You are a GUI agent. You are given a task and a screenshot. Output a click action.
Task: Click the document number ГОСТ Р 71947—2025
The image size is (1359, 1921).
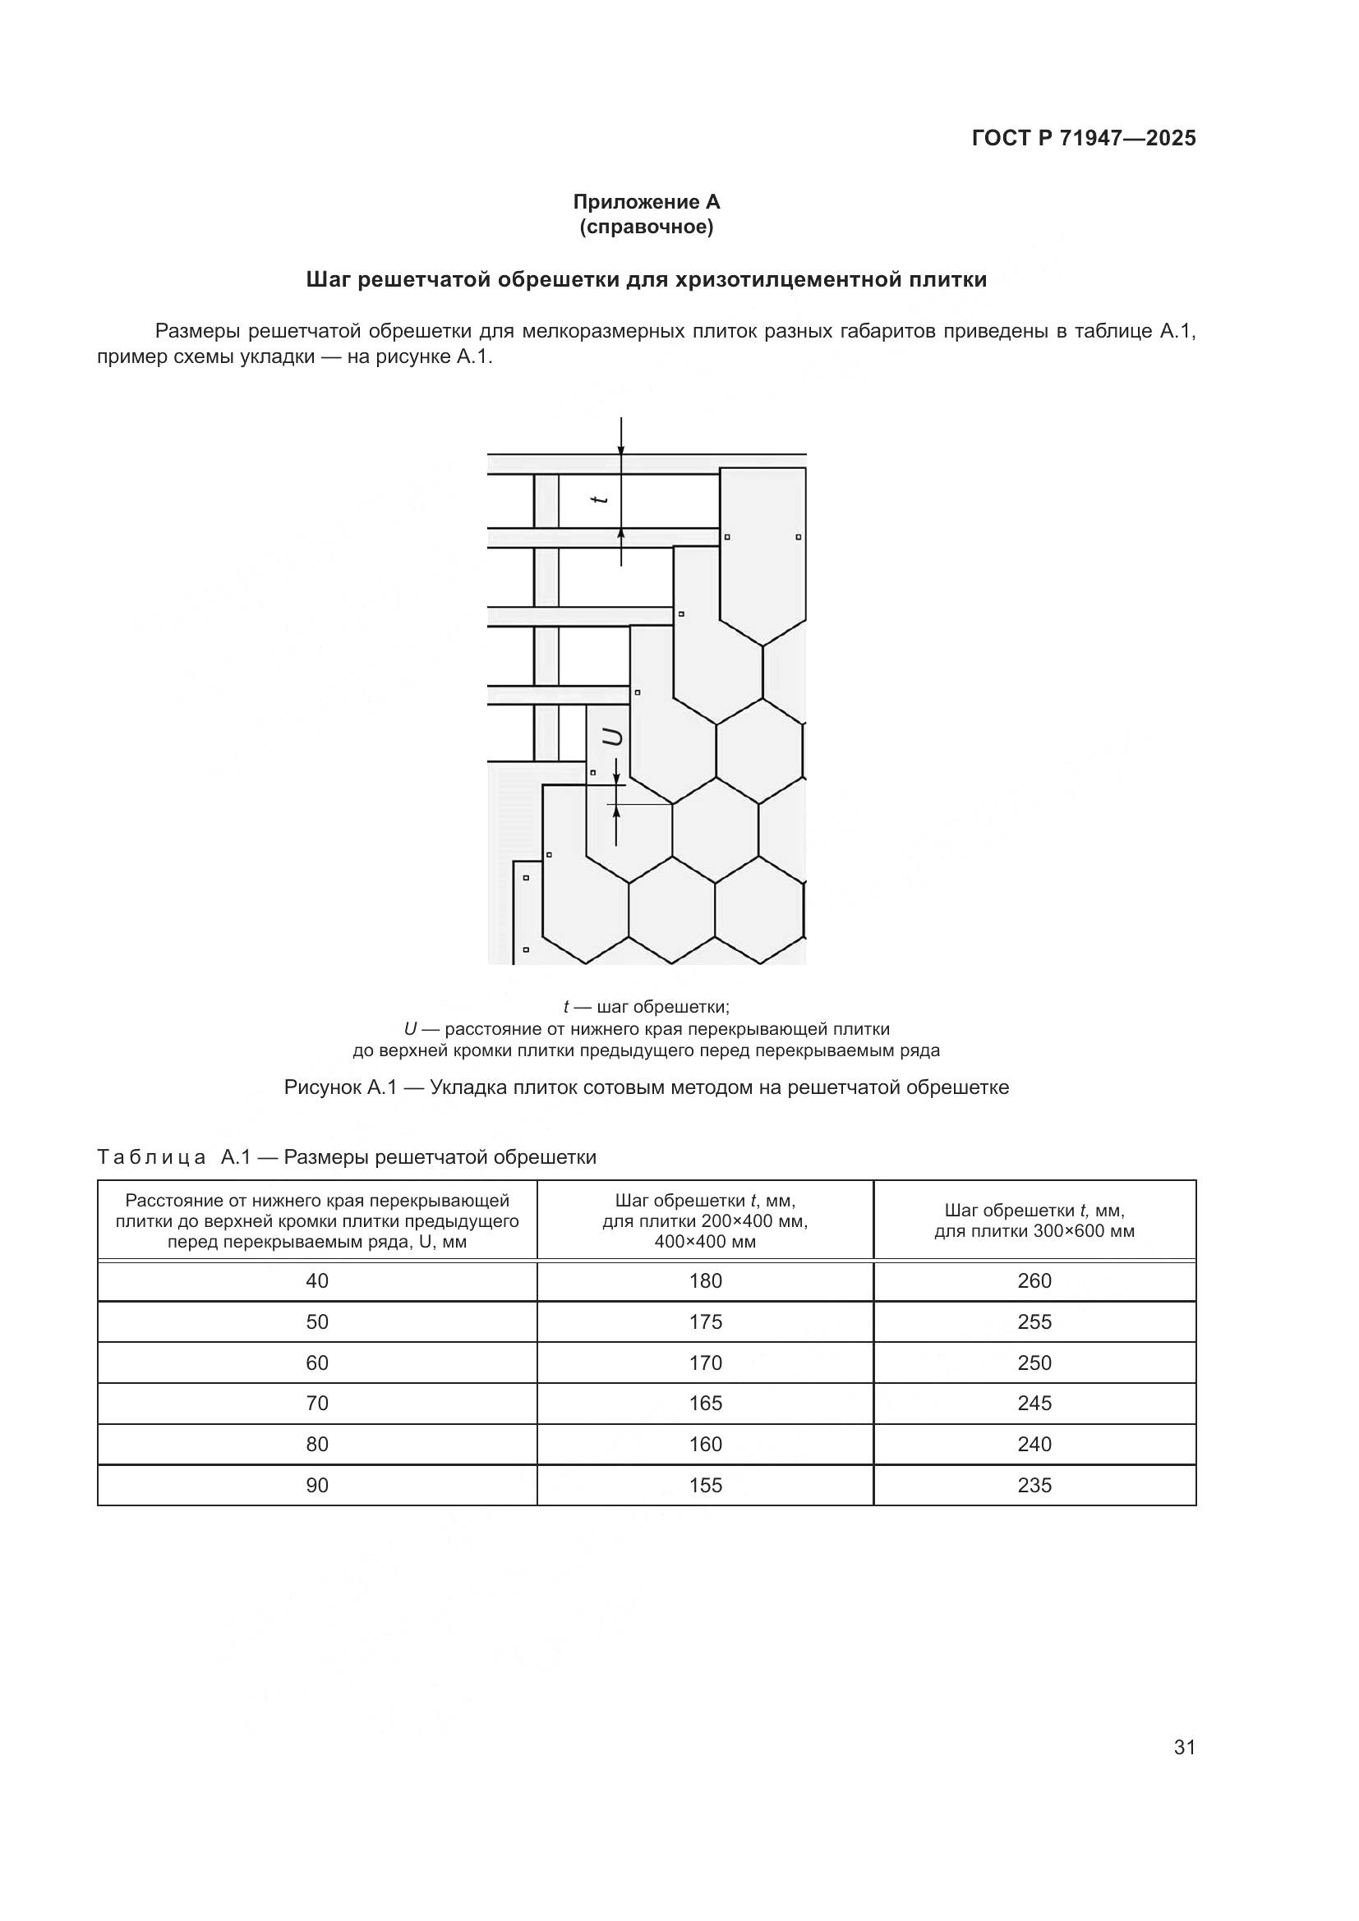1084,138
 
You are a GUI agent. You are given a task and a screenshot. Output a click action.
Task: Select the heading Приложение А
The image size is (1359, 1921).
646,202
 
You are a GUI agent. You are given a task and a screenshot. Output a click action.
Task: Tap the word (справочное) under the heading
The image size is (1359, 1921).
646,227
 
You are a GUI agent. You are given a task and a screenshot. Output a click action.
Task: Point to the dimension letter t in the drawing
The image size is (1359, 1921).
598,499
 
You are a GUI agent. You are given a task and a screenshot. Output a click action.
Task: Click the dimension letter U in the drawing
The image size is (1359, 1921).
614,737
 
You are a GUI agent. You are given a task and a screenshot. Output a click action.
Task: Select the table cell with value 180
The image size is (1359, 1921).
706,1281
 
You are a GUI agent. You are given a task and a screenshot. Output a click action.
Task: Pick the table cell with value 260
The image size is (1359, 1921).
1034,1281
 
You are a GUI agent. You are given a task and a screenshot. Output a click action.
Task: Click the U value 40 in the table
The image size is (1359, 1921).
317,1281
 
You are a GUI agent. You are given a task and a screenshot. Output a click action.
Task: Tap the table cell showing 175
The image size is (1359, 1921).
706,1322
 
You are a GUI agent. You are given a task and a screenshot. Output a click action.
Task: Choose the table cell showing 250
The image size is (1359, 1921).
1034,1363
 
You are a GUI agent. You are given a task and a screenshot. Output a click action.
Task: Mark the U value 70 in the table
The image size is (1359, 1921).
317,1403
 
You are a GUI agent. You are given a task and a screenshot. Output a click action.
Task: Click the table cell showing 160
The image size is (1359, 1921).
706,1444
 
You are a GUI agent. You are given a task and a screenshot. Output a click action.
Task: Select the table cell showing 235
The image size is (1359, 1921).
1034,1485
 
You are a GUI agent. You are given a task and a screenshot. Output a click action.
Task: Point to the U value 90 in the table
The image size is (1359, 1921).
317,1485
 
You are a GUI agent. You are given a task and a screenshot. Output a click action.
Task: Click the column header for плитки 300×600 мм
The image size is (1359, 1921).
1034,1220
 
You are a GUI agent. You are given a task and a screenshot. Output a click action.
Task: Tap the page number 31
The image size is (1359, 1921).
1184,1747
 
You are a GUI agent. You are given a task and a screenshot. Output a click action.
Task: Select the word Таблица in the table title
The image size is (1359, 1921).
151,1158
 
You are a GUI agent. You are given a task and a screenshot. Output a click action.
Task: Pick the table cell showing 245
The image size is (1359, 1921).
1034,1403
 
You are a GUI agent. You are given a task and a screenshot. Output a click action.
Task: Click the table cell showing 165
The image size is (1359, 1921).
706,1403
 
